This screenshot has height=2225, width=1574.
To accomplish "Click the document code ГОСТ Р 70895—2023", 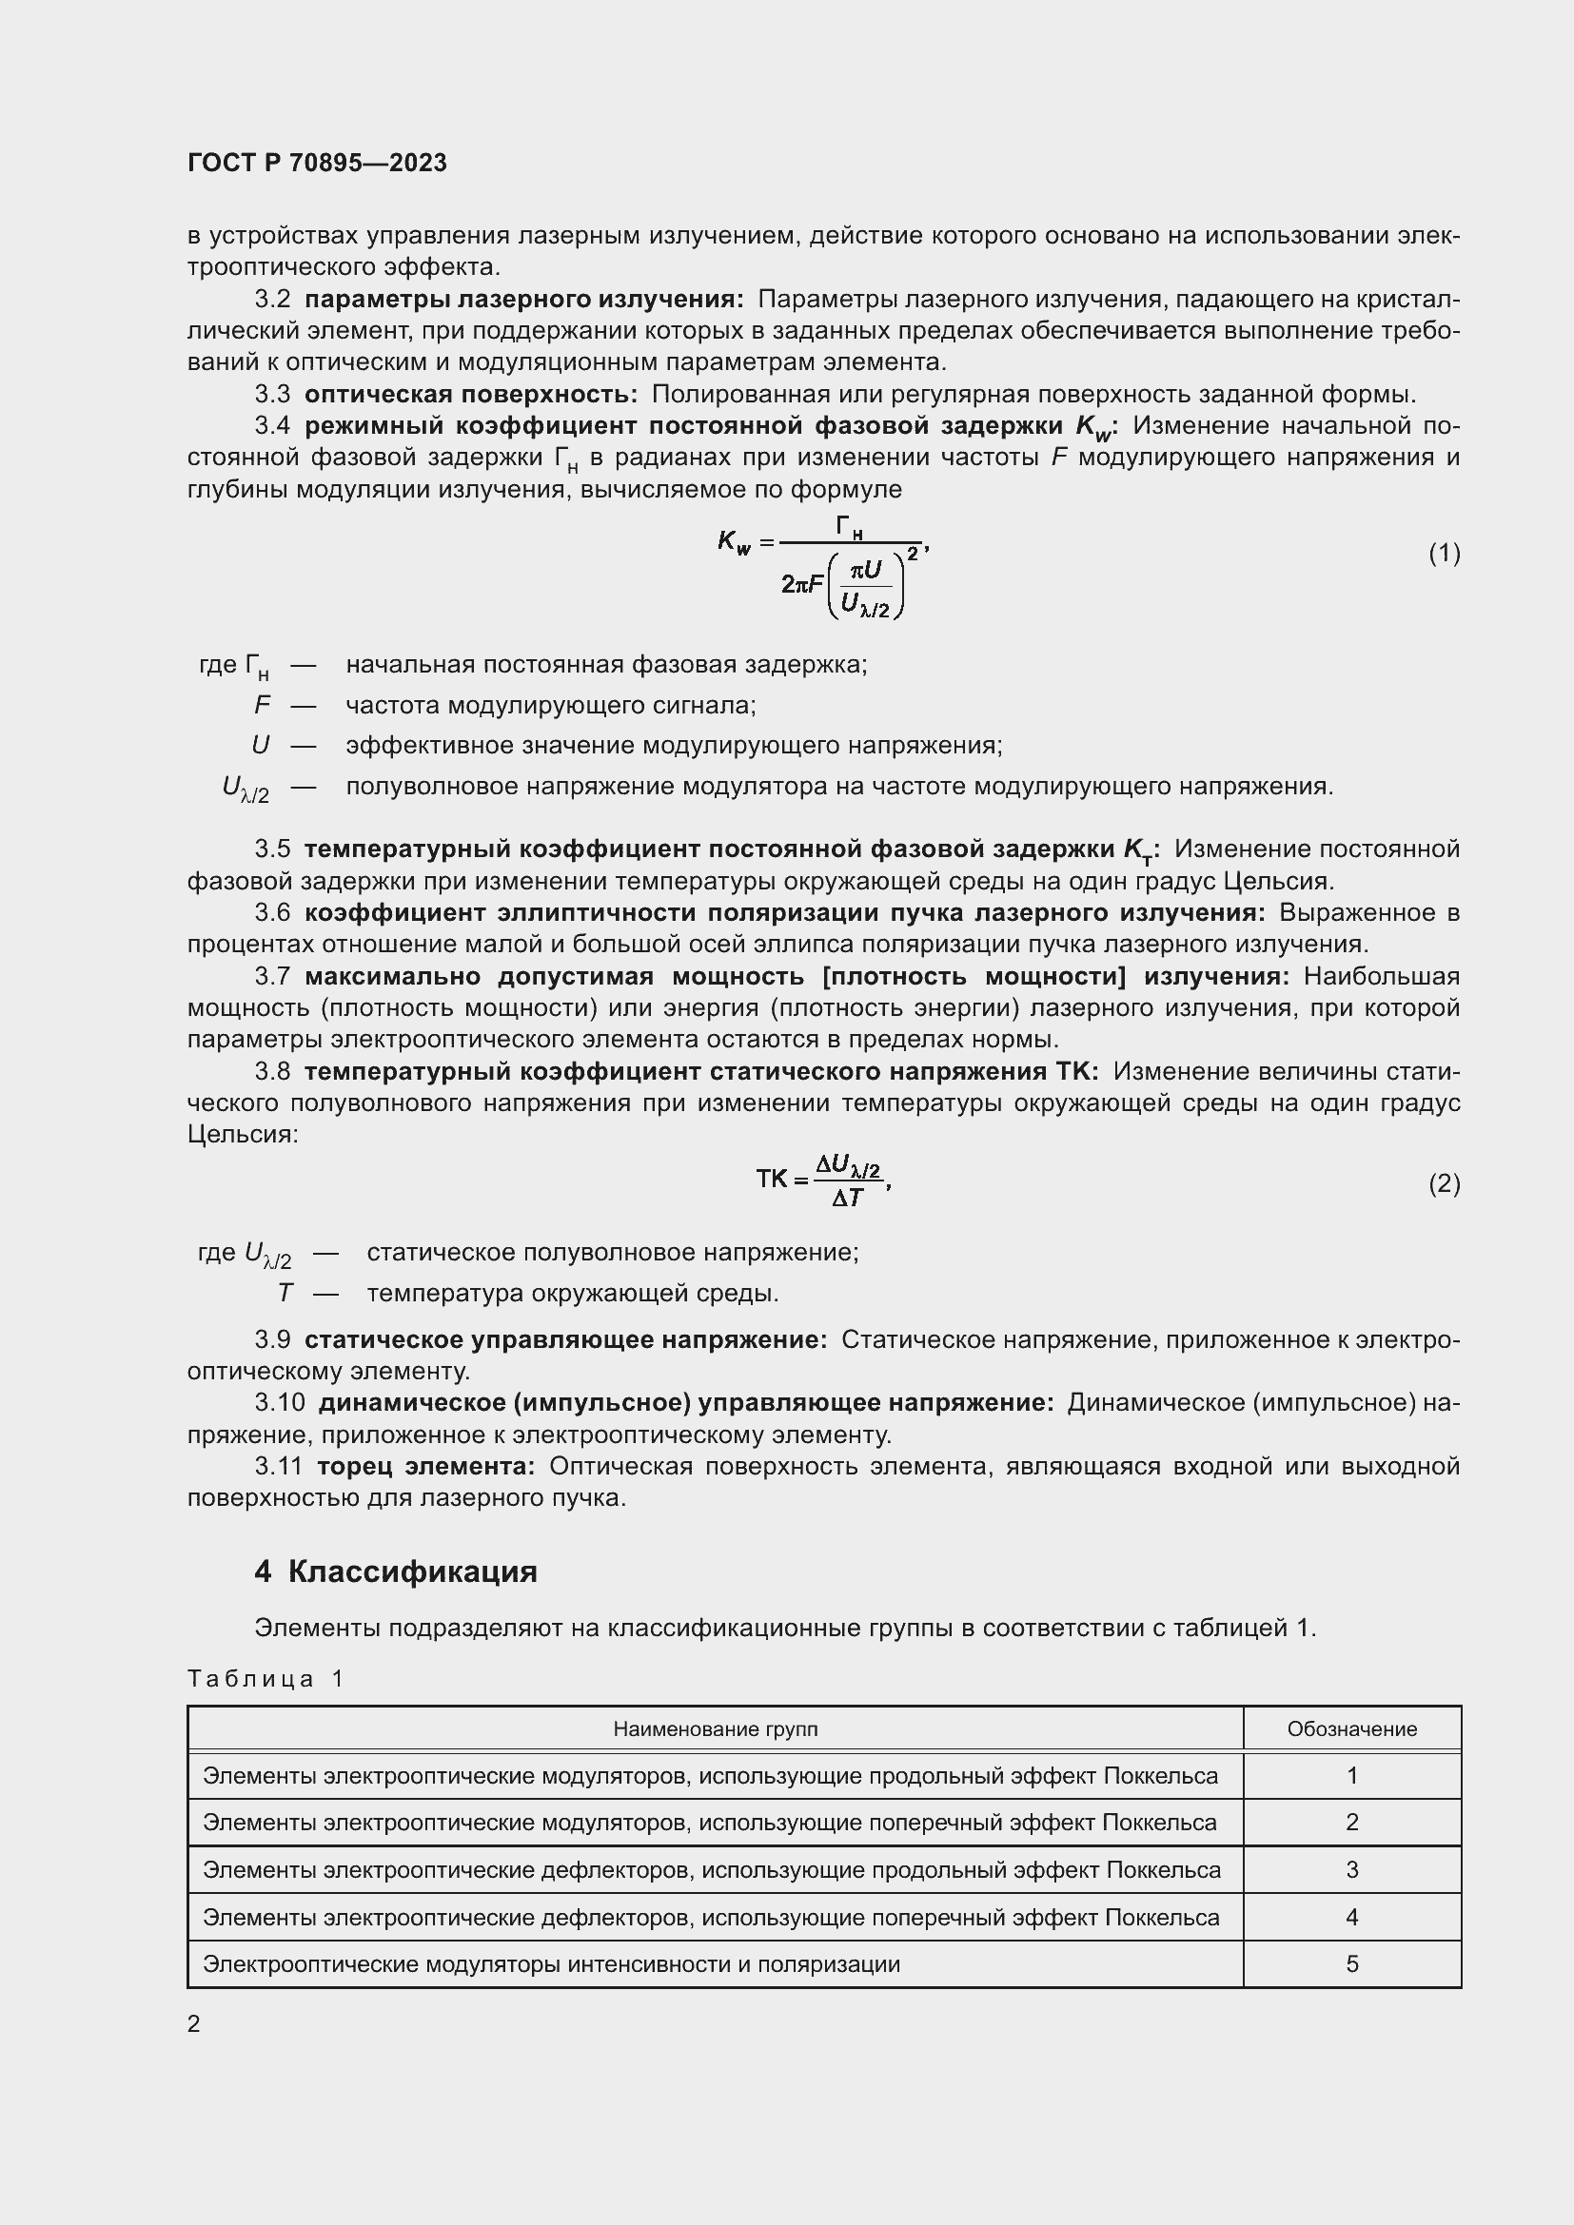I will tap(317, 163).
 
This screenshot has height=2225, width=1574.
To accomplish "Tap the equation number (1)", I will tap(1444, 554).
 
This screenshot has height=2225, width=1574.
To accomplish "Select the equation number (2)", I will tap(1444, 1183).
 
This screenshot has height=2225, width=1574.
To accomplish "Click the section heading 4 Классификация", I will tap(396, 1571).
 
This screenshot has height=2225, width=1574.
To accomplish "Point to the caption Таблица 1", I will tap(266, 1678).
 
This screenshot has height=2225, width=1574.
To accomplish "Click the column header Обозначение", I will tap(1351, 1728).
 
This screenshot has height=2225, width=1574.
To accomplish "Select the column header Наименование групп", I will tap(715, 1728).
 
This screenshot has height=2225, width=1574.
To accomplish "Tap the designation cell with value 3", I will tap(1351, 1869).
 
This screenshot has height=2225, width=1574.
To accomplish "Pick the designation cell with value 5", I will tap(1351, 1964).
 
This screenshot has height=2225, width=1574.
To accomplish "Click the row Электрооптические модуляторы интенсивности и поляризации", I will tap(552, 1964).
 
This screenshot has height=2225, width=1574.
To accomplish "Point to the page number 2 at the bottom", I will tap(194, 2024).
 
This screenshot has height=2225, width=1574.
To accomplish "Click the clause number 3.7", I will tap(272, 977).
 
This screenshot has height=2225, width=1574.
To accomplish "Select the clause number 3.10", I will tap(279, 1402).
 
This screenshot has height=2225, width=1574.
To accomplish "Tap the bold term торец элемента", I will tap(425, 1466).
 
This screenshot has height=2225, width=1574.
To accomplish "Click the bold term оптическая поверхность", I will tap(470, 395).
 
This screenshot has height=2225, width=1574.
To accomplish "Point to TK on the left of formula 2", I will tap(773, 1180).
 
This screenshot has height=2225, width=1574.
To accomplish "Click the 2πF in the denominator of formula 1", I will tap(801, 584).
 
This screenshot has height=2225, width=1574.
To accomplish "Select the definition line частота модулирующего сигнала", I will tap(550, 706).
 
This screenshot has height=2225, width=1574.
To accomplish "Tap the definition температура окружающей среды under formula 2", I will tap(572, 1293).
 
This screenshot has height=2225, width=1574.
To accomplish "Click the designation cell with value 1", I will tap(1351, 1775).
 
